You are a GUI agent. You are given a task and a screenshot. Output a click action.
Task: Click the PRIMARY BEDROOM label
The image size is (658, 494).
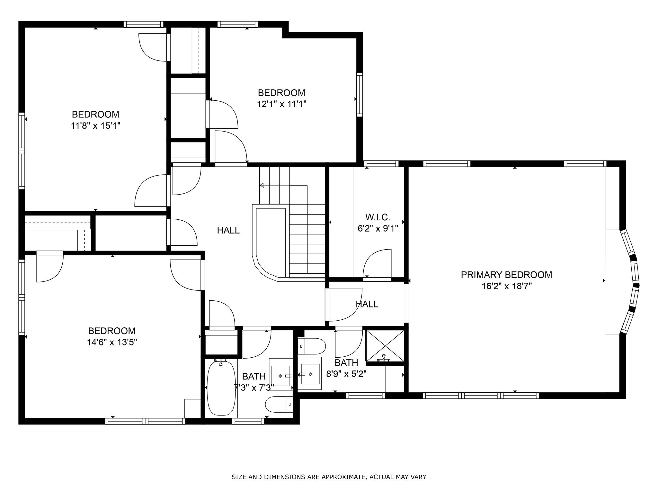tap(506, 275)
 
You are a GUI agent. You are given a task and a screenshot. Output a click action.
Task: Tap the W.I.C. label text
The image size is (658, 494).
tap(378, 217)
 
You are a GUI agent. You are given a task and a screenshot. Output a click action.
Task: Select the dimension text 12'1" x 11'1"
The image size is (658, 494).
tap(281, 104)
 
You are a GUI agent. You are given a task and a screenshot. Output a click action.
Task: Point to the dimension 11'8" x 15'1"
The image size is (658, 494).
tap(96, 125)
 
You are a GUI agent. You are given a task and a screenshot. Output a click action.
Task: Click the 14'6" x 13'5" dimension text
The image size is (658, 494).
tap(112, 342)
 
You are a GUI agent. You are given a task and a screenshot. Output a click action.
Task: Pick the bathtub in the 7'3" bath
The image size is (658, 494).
tap(221, 388)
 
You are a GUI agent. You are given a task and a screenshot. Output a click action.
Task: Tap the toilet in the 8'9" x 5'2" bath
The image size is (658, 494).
tap(311, 346)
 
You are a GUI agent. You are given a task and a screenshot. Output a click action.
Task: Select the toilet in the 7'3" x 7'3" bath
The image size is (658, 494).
tap(280, 404)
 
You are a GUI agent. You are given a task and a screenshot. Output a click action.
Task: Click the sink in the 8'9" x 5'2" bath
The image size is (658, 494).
tap(310, 374)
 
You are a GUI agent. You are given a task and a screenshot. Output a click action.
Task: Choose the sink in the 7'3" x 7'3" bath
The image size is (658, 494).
tap(281, 375)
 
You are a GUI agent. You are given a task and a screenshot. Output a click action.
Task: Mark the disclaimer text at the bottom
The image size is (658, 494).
tap(329, 477)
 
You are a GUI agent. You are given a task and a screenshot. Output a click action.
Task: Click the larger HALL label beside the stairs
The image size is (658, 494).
tap(228, 230)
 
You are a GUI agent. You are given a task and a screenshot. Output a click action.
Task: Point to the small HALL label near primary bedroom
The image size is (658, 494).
tap(367, 304)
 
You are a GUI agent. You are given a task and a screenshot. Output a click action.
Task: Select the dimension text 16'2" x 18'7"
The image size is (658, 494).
tap(507, 286)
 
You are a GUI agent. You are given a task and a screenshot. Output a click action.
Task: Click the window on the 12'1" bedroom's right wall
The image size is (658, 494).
tap(360, 94)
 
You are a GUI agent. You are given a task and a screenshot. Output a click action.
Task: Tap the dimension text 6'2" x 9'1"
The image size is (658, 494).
tap(378, 229)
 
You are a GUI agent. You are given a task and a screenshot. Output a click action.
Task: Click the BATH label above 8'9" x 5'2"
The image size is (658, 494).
tap(346, 363)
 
